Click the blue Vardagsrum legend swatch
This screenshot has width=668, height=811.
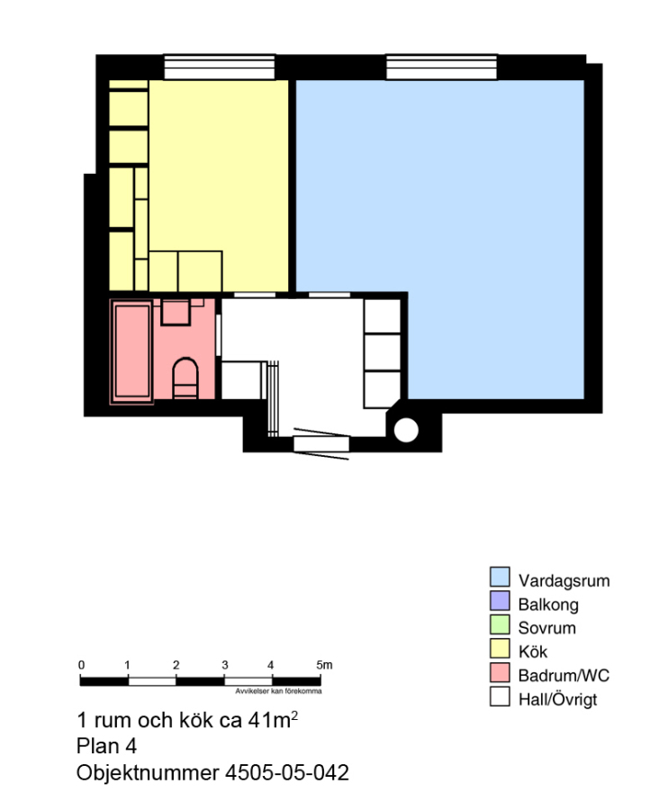click(500, 577)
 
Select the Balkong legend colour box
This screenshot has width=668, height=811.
click(500, 600)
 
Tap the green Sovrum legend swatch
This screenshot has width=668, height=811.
click(500, 624)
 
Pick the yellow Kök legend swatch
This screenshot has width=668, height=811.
click(500, 648)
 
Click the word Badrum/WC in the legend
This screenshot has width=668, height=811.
click(564, 676)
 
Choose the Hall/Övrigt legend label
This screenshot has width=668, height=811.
click(557, 700)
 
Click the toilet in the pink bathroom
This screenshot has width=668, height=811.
click(185, 378)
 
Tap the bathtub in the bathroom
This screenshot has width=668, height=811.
click(132, 351)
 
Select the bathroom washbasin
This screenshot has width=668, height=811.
click(176, 312)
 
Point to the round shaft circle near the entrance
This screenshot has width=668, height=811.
click(405, 430)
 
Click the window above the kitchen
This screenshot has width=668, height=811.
click(219, 67)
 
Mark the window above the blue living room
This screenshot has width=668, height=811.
click(442, 67)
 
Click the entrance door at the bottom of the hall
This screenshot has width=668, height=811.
click(321, 443)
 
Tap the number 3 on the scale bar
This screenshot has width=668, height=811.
click(225, 665)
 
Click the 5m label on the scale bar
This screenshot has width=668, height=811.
click(324, 665)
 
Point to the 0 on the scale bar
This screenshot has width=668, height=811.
click(81, 665)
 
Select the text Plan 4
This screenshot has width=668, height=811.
click(106, 746)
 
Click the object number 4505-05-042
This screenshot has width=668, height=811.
click(286, 772)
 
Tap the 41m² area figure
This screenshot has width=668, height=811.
click(273, 719)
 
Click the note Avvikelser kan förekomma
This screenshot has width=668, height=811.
click(278, 691)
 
